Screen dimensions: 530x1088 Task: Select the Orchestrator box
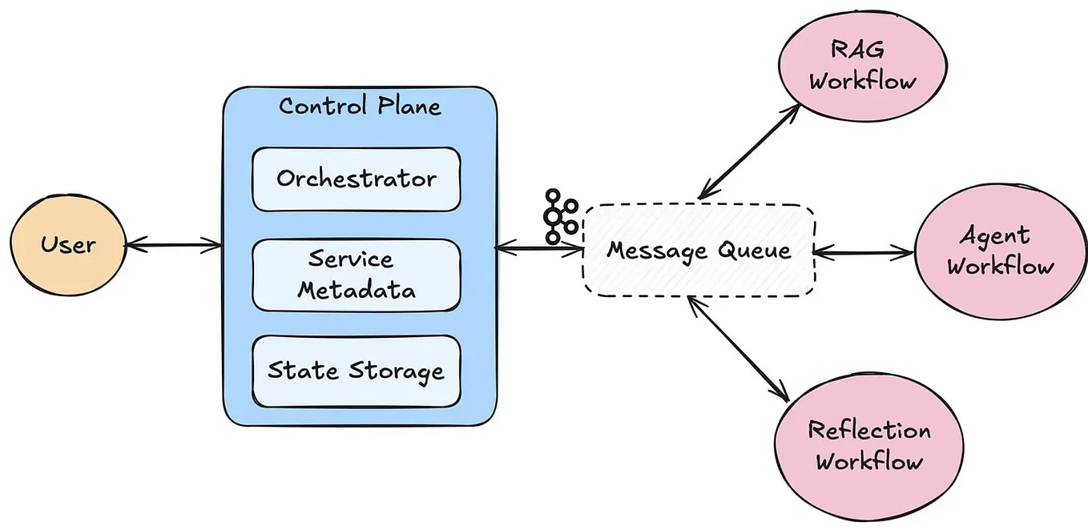[357, 179]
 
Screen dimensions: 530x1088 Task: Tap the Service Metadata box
[357, 275]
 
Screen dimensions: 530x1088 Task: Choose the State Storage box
[357, 371]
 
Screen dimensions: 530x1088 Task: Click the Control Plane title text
[360, 106]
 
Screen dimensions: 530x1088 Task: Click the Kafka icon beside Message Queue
[561, 216]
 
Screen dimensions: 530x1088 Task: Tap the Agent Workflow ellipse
[1000, 251]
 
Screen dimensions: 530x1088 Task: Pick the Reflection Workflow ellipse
[869, 445]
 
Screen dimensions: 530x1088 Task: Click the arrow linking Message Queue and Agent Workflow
[864, 253]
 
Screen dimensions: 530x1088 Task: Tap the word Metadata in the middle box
[357, 289]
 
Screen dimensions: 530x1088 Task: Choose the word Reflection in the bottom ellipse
[869, 431]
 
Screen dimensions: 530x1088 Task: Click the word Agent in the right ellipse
[994, 236]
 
